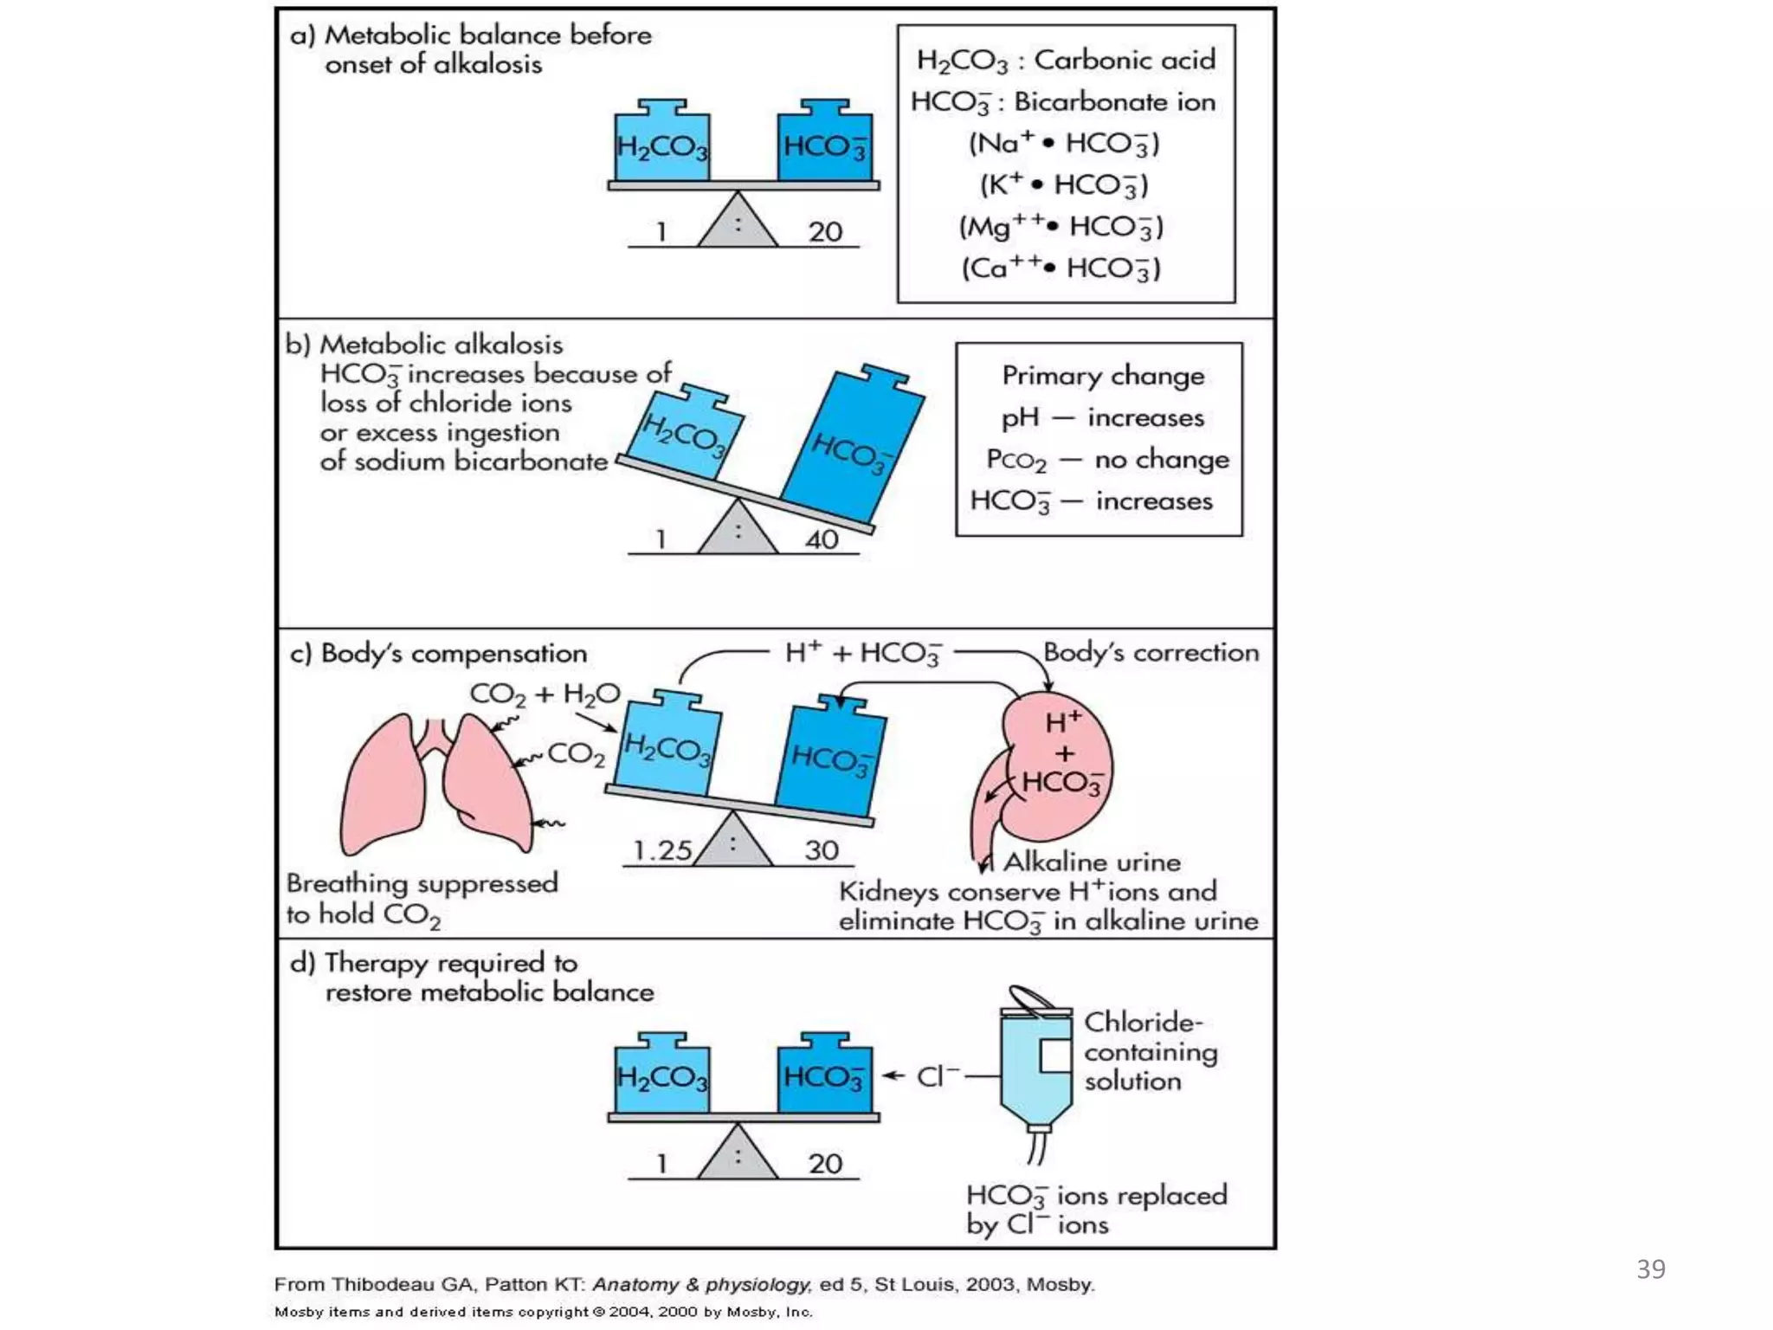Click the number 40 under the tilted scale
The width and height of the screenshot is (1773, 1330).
pos(822,539)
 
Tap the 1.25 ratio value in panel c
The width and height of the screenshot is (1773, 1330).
pos(661,850)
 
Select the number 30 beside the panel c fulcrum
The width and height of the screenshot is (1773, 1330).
pos(822,850)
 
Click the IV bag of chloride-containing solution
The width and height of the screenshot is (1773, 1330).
pos(1035,1070)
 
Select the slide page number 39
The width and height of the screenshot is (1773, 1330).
pos(1650,1269)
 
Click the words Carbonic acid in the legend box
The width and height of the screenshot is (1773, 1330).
pos(1125,60)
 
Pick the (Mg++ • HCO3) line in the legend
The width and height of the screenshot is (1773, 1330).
pos(1061,227)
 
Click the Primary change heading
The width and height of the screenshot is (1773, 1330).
pos(1103,376)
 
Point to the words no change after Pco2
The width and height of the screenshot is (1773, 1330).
pos(1162,459)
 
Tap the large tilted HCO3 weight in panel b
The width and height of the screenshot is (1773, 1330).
pos(853,446)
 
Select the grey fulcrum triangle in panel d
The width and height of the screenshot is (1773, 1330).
pos(738,1155)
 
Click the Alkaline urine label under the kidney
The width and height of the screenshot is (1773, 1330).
pos(1092,862)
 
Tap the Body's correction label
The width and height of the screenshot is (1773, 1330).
pos(1151,652)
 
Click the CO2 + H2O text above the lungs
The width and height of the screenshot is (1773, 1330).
pos(545,694)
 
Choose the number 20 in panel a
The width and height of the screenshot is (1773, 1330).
pos(825,232)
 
